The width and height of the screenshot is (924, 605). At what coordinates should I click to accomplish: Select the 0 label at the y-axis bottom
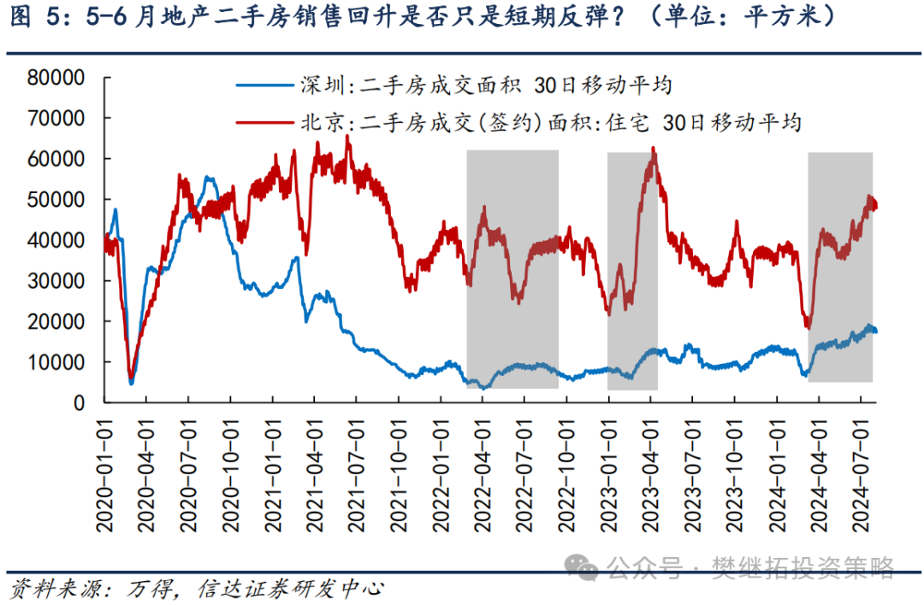[x=79, y=402]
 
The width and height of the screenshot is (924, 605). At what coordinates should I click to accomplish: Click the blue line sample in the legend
[x=265, y=86]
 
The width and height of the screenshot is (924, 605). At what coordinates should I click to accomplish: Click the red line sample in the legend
[x=265, y=122]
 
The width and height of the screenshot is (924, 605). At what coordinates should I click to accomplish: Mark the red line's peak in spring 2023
[x=654, y=150]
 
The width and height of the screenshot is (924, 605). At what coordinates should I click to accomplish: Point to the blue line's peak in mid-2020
[x=208, y=178]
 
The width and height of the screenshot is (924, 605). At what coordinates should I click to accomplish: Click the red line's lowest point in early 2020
[x=130, y=377]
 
